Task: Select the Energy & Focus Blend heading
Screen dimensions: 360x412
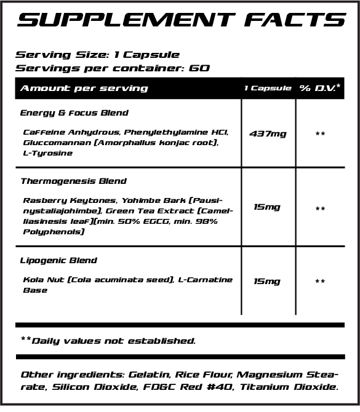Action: tap(74, 113)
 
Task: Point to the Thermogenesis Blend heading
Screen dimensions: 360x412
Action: tap(74, 181)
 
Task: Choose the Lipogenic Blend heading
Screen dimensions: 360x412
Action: tap(59, 261)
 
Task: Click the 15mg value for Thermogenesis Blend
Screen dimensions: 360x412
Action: tap(267, 207)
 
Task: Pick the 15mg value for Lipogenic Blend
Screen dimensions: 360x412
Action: tap(267, 281)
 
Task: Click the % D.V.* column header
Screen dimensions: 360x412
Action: tap(320, 88)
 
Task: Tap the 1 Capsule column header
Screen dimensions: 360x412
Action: tap(267, 89)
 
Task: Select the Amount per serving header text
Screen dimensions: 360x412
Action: tap(84, 88)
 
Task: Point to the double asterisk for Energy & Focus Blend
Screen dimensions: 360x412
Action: tap(320, 134)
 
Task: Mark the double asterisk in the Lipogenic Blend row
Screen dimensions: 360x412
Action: tap(320, 282)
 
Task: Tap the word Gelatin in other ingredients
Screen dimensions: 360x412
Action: tap(148, 374)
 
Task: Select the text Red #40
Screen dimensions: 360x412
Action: tap(211, 387)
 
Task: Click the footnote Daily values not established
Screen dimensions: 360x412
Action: tap(109, 340)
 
